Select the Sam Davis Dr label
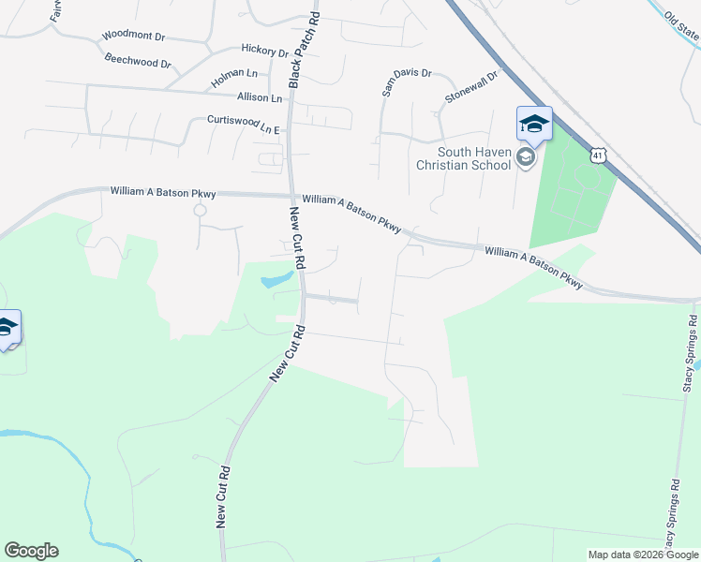[406, 81]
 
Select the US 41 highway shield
[598, 155]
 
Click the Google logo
[31, 551]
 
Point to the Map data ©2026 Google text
[643, 555]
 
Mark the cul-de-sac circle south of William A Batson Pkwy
[200, 210]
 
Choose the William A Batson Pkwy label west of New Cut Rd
[163, 192]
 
